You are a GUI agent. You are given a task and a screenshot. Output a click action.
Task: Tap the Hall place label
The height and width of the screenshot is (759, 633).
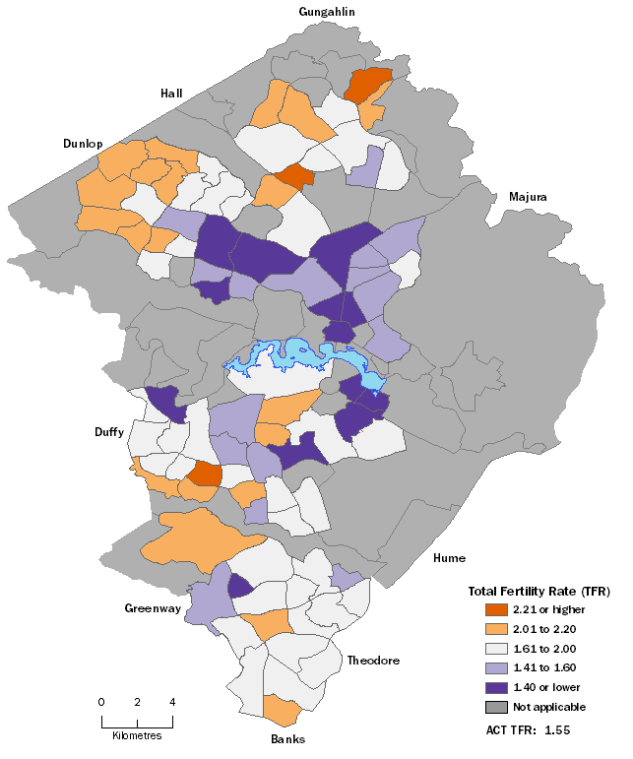pyautogui.click(x=173, y=94)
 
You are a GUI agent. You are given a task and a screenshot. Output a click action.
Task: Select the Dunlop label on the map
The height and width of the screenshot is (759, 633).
pyautogui.click(x=83, y=144)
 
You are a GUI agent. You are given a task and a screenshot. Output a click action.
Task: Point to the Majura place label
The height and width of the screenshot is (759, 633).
pyautogui.click(x=528, y=197)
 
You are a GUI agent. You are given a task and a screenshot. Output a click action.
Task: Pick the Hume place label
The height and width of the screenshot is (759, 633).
pyautogui.click(x=448, y=558)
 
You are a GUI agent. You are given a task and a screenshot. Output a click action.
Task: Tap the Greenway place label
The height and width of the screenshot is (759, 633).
pyautogui.click(x=153, y=608)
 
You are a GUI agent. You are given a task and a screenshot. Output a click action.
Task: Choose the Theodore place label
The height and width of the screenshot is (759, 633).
pyautogui.click(x=373, y=661)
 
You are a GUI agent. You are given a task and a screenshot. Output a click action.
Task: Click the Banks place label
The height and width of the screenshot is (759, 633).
pyautogui.click(x=287, y=739)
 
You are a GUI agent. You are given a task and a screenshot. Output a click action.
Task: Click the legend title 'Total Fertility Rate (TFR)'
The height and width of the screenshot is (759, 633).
pyautogui.click(x=538, y=592)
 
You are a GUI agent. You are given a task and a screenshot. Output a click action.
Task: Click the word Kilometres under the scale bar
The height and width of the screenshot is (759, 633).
pyautogui.click(x=137, y=735)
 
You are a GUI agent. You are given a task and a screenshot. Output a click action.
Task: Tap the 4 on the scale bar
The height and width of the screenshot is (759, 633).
pyautogui.click(x=173, y=702)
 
